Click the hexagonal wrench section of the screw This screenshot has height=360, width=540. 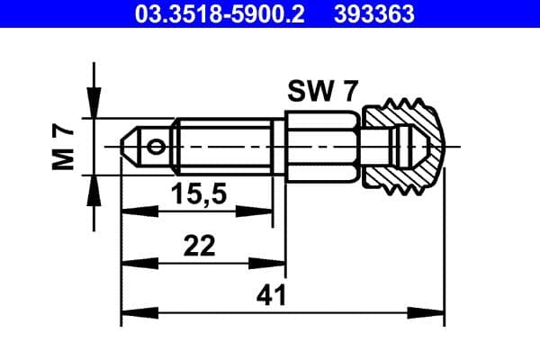coord(323,145)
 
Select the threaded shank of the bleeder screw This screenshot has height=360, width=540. coord(225,145)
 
